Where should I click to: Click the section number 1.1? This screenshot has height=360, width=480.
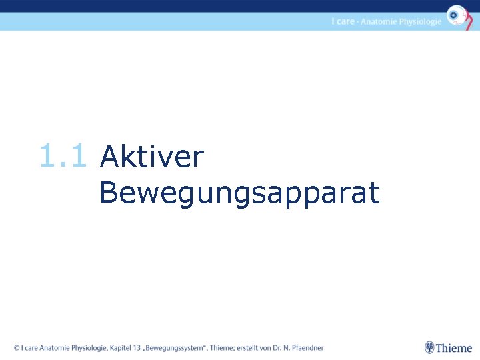pyautogui.click(x=63, y=157)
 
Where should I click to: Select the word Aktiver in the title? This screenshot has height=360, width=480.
pyautogui.click(x=151, y=157)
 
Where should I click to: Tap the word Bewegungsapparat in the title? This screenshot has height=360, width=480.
pyautogui.click(x=239, y=194)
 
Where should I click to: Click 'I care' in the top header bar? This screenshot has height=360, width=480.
pyautogui.click(x=343, y=21)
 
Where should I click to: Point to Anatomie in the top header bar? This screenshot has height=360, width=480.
pyautogui.click(x=379, y=21)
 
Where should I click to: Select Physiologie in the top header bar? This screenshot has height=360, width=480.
pyautogui.click(x=421, y=22)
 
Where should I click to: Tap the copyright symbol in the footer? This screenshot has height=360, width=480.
pyautogui.click(x=17, y=347)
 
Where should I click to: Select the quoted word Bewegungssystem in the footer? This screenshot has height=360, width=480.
pyautogui.click(x=177, y=347)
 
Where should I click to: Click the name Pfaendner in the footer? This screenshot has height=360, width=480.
pyautogui.click(x=306, y=347)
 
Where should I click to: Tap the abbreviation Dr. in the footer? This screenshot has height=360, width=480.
pyautogui.click(x=275, y=347)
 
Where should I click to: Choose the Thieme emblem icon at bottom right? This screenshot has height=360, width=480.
pyautogui.click(x=429, y=347)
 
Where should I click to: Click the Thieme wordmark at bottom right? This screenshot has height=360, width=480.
pyautogui.click(x=454, y=348)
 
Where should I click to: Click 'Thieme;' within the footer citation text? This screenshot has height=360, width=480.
pyautogui.click(x=221, y=347)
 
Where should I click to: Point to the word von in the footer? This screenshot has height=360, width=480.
pyautogui.click(x=264, y=347)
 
